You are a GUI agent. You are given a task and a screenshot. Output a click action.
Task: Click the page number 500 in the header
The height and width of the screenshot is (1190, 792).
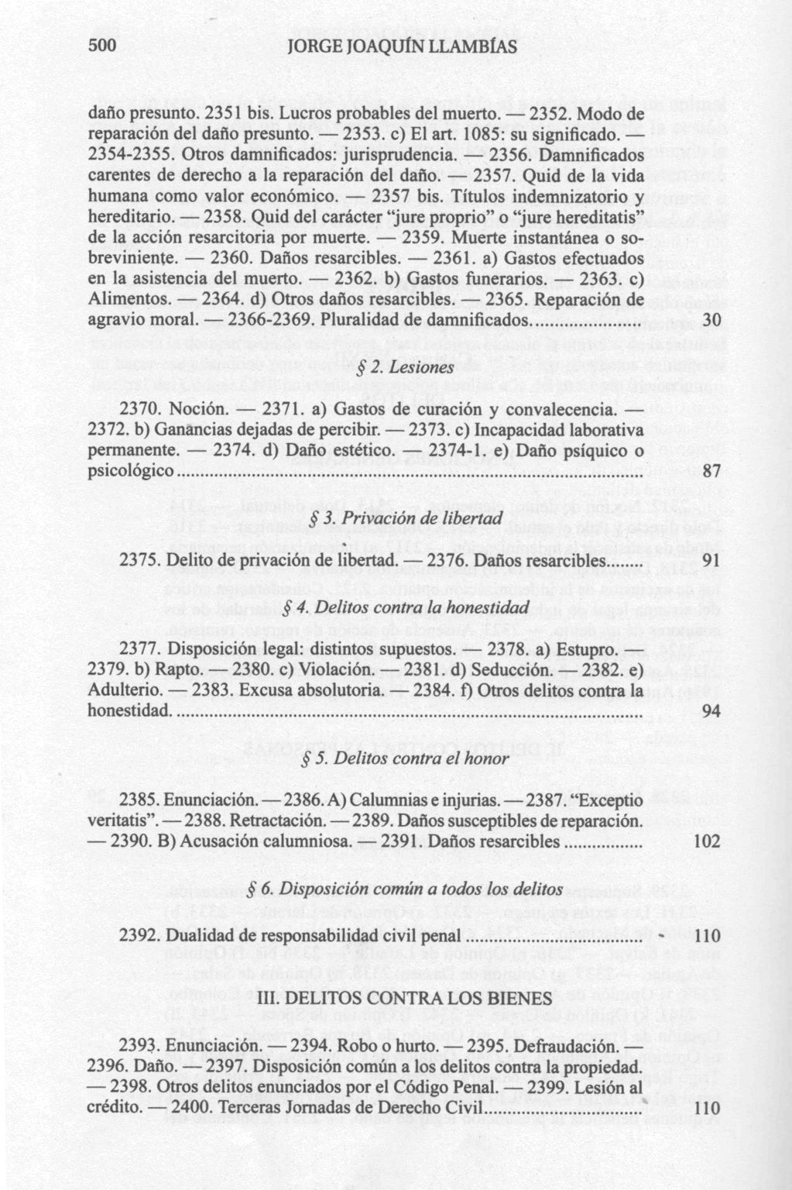click(102, 46)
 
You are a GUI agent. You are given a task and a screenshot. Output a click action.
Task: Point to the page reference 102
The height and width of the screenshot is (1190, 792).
click(708, 842)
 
